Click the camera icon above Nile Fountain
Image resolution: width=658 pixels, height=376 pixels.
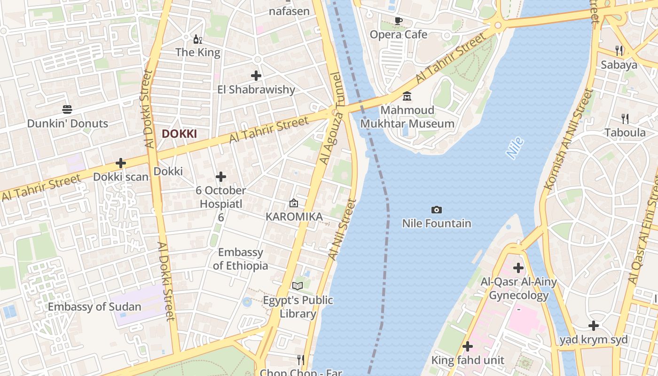[x=436, y=210]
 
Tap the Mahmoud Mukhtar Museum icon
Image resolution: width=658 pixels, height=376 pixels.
[x=407, y=96]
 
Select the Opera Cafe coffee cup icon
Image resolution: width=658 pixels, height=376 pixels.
[x=399, y=21]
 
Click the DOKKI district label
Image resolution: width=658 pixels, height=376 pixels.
[x=179, y=134]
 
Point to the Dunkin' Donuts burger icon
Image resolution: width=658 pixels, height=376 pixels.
[x=67, y=110]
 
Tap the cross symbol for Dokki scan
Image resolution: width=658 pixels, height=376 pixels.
[x=121, y=163]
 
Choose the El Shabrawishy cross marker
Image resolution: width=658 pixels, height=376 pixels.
[x=256, y=75]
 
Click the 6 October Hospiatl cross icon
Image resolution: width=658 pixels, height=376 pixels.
[x=221, y=177]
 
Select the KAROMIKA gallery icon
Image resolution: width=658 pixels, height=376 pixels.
[x=294, y=203]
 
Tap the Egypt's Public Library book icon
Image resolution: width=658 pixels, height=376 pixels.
[x=298, y=286]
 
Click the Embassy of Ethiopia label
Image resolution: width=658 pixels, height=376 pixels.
[x=241, y=259]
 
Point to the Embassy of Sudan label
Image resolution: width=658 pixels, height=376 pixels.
[x=94, y=307]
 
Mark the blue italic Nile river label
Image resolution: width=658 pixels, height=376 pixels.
[x=515, y=148]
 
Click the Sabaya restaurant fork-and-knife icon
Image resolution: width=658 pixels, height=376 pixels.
[x=619, y=50]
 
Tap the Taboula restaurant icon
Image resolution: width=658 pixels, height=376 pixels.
[x=625, y=118]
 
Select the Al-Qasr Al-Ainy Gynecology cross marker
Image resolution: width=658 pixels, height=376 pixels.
[x=518, y=268]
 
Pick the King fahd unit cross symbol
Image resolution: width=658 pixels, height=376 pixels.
[x=468, y=346]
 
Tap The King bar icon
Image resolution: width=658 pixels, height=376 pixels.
[x=198, y=39]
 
